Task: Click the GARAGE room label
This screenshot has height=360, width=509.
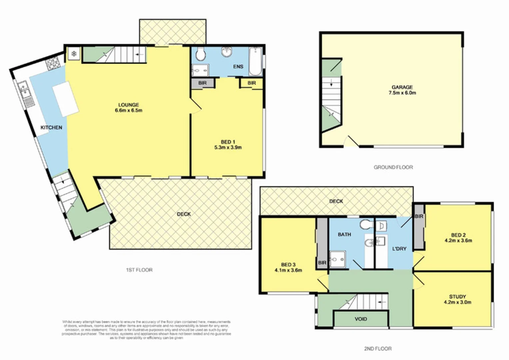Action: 402,87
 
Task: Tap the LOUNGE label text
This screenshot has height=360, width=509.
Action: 129,105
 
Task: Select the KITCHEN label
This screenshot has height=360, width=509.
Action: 51,127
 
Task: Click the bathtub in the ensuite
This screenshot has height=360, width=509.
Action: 255,62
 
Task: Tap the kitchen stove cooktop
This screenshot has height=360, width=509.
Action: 52,63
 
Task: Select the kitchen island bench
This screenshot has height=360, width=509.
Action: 66,99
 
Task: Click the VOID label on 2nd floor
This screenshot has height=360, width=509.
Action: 361,319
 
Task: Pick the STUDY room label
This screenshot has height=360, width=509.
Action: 457,296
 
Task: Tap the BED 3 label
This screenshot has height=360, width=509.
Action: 288,265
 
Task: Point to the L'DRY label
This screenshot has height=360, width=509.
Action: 399,248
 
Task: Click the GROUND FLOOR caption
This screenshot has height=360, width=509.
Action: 393,167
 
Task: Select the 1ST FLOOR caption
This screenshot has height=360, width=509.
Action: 139,270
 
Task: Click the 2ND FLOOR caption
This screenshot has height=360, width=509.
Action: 378,349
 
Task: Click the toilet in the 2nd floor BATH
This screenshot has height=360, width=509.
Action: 366,225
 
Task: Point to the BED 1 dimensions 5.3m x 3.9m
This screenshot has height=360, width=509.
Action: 228,147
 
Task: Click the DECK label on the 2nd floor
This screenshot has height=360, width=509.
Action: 336,201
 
